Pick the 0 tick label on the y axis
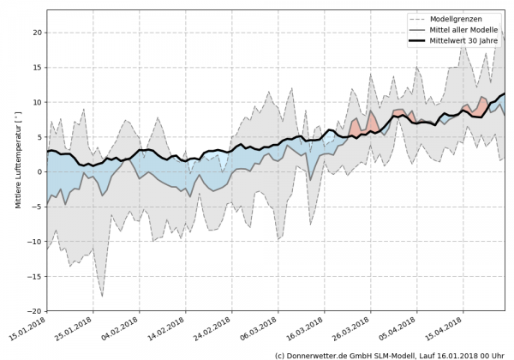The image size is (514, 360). [39, 172]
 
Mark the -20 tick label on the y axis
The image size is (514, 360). [34, 311]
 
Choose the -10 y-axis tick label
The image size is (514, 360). [34, 242]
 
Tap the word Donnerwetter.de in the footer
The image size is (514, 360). [323, 354]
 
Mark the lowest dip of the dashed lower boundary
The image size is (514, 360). [103, 297]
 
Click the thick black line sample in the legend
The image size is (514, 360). [418, 40]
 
